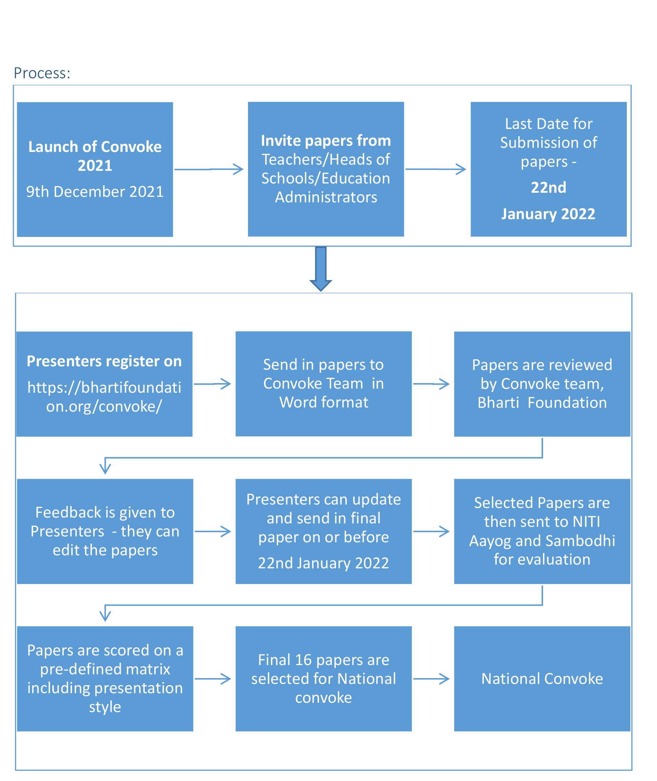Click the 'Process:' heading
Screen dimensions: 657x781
click(x=42, y=73)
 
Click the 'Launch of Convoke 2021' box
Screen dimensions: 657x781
click(x=95, y=169)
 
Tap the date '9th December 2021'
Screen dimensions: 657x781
click(x=95, y=192)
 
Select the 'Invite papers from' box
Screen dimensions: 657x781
click(x=326, y=169)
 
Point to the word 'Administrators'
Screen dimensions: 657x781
click(x=326, y=197)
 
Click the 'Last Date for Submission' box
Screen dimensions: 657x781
click(x=549, y=169)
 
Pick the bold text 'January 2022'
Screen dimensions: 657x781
click(x=548, y=214)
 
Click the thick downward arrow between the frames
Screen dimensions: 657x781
click(x=321, y=269)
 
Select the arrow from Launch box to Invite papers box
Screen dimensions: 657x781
click(x=209, y=169)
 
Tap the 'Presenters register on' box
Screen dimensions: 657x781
click(x=104, y=384)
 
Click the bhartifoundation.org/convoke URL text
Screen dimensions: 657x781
click(x=104, y=397)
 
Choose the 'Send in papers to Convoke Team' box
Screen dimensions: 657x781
click(x=324, y=384)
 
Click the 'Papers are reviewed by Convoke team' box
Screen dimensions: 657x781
click(x=542, y=384)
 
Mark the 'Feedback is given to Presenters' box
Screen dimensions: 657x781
click(x=105, y=531)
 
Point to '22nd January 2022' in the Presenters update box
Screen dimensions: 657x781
click(x=324, y=563)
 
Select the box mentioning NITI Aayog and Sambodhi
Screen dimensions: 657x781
click(x=542, y=531)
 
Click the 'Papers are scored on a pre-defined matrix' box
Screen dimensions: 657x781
click(x=105, y=679)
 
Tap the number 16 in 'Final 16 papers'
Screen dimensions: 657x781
click(x=303, y=660)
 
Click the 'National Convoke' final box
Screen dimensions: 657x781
click(x=542, y=679)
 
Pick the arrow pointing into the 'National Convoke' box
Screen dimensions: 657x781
click(x=431, y=679)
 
